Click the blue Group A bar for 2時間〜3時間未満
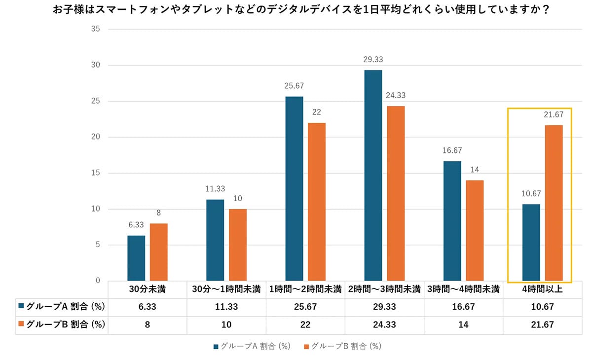pos(373,175)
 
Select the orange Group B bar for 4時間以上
pos(554,203)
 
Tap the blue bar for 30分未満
pos(136,258)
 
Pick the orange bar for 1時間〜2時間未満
pos(317,202)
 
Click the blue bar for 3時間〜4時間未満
pos(452,221)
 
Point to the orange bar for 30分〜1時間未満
pos(238,245)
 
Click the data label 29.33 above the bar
pos(373,60)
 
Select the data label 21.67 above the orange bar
pos(554,115)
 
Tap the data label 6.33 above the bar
pos(136,225)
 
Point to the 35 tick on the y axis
pos(96,29)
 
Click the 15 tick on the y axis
pos(96,173)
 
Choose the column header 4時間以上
pos(541,289)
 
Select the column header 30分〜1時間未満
pos(226,289)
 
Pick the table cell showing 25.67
pos(305,307)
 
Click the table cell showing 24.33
pos(384,324)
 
